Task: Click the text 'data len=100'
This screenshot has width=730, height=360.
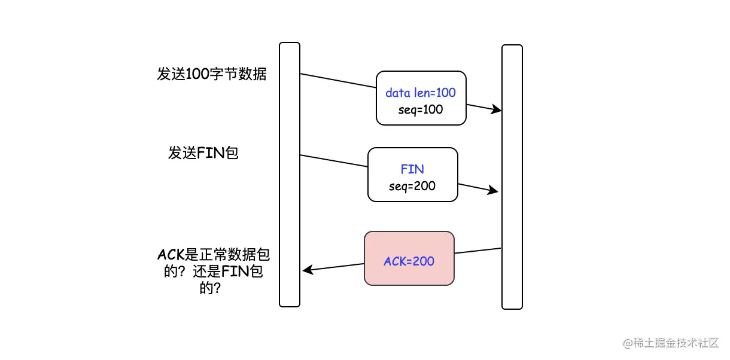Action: coord(421,93)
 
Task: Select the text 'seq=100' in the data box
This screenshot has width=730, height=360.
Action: coord(421,110)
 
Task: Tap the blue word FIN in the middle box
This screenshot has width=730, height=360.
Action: coord(412,169)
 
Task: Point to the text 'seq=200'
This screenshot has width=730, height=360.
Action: coord(412,187)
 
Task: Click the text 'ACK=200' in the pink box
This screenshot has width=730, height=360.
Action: coord(409,261)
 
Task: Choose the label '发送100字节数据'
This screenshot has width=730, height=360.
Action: coord(212,74)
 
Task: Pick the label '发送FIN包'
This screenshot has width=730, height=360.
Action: coord(203,152)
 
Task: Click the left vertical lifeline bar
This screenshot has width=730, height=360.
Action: coord(290,175)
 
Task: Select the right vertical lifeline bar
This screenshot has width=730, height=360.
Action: coord(512,177)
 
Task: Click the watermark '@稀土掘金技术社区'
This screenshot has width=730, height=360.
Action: coord(671,343)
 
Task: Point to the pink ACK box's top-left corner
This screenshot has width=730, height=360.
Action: coord(364,231)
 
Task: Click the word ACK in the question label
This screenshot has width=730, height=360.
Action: coord(171,254)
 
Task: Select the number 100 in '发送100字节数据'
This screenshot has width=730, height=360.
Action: coord(197,74)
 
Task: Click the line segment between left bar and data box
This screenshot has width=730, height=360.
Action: coord(338,81)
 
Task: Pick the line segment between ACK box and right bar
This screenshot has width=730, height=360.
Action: coord(477,251)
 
